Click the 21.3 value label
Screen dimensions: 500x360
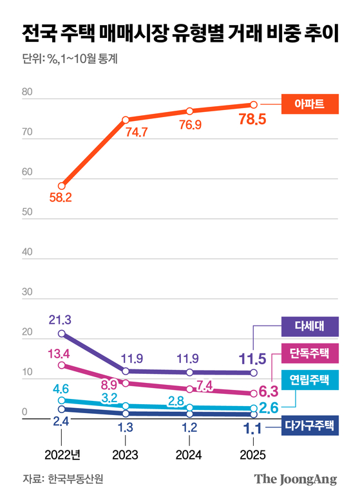pos(60,319)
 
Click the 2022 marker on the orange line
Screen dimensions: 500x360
pos(62,186)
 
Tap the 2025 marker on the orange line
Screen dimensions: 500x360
pos(254,105)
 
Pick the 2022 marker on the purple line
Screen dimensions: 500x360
pos(62,333)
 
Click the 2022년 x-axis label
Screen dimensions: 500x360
pos(62,454)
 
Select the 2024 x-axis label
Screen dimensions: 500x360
pos(189,454)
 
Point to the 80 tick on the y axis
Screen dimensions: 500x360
pos(27,93)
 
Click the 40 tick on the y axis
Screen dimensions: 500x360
pos(27,252)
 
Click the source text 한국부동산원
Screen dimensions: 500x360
pos(75,479)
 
